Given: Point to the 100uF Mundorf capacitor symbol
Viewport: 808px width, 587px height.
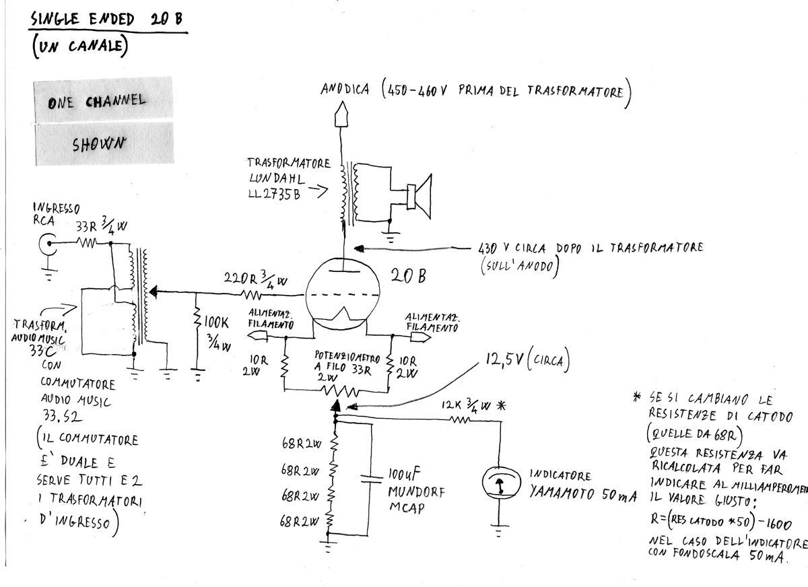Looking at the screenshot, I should click(370, 479).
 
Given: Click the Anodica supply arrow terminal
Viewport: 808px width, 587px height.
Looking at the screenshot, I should click(341, 114).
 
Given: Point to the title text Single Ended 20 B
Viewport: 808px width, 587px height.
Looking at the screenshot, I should click(106, 20).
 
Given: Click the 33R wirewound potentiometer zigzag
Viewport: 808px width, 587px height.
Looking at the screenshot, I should click(336, 389).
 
